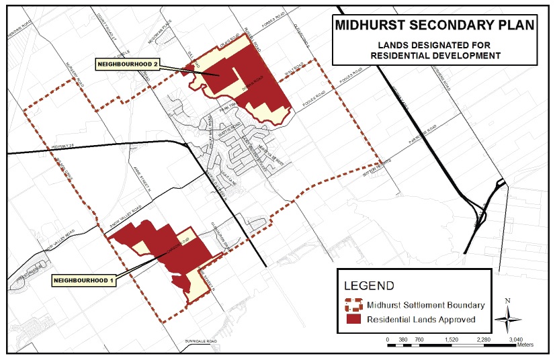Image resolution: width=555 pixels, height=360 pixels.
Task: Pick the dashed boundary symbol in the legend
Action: tap(353, 305)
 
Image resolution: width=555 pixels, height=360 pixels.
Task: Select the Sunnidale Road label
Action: tap(202, 343)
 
